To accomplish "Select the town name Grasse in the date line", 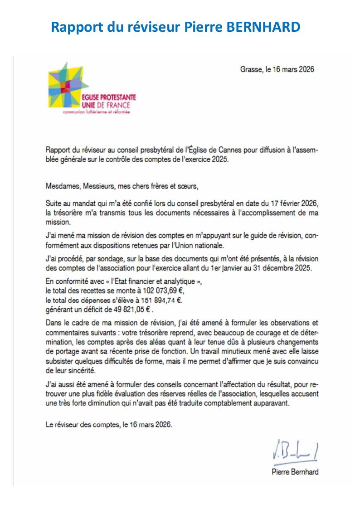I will point(251,70).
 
